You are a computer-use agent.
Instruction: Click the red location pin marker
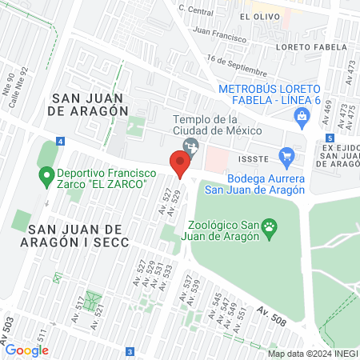tap(180, 164)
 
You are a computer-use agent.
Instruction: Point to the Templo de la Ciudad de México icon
tap(190, 146)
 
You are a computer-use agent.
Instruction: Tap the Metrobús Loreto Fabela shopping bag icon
tap(302, 117)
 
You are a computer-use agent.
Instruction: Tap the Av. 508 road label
tap(271, 314)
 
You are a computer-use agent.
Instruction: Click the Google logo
tap(26, 350)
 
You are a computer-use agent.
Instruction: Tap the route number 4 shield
tap(61, 141)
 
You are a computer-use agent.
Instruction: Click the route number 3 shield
tap(130, 350)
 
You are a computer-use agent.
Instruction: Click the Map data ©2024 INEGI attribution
tap(312, 354)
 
